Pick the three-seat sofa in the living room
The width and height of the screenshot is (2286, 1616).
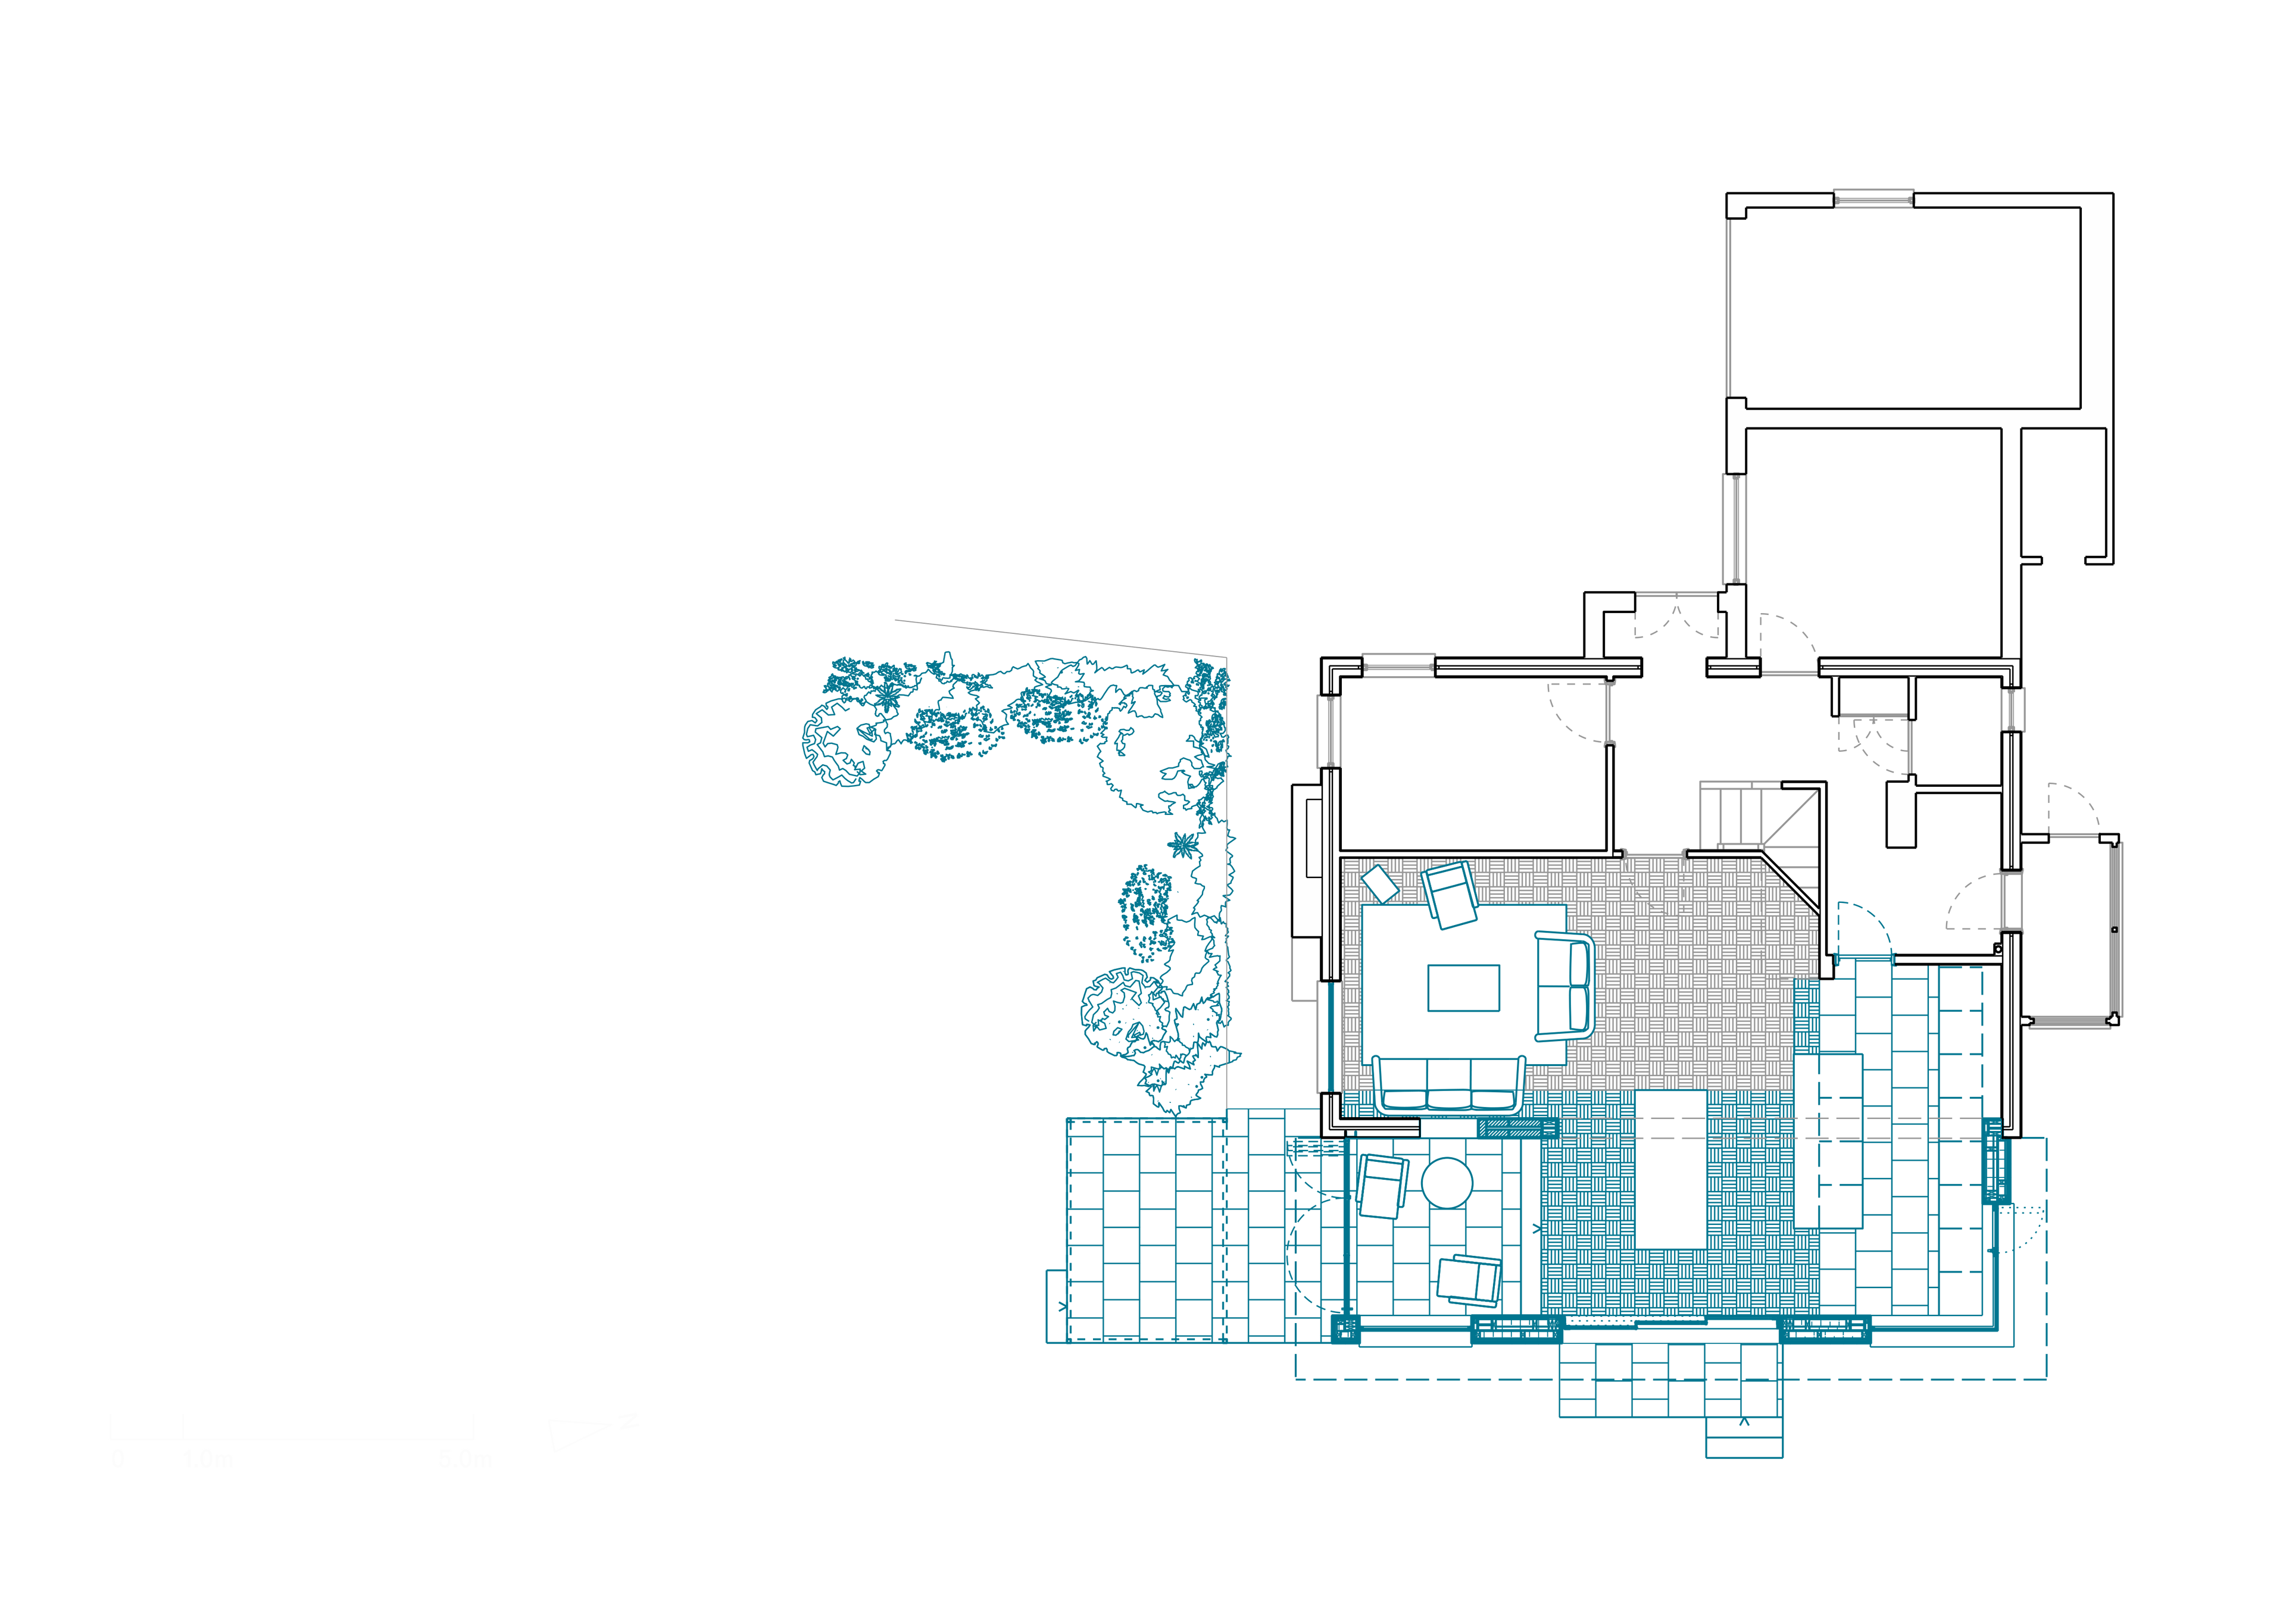coord(1448,1081)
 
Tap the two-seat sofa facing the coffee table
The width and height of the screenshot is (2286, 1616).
coord(1564,986)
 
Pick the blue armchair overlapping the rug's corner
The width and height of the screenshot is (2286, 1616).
coord(1451,893)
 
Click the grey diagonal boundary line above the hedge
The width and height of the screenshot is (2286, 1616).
coord(1060,637)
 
